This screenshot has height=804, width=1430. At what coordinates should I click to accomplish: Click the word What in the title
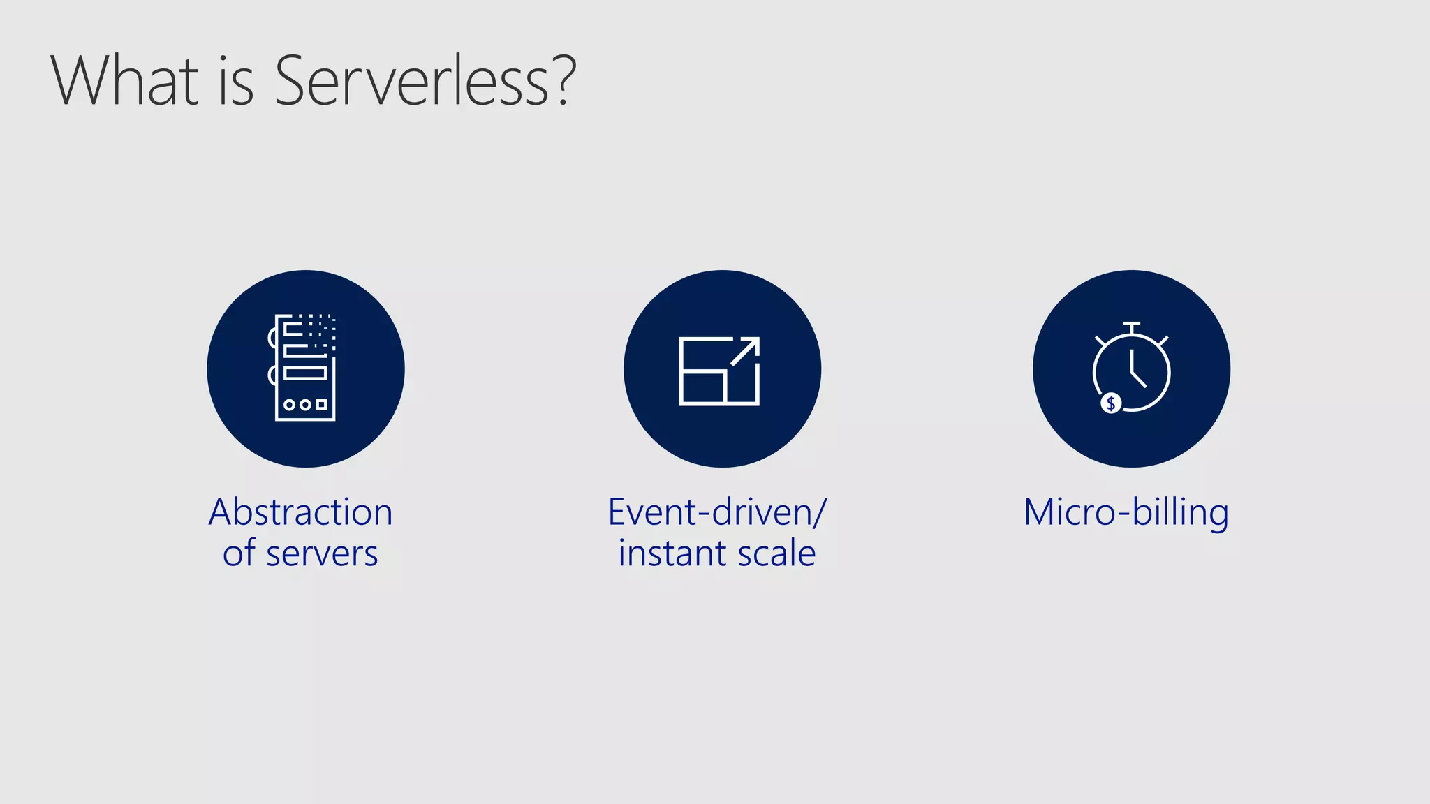[x=125, y=81]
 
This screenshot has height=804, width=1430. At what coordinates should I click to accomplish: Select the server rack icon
[x=304, y=368]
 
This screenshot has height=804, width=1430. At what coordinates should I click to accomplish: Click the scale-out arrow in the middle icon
[x=745, y=351]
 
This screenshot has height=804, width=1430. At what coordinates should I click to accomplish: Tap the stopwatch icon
[x=1131, y=368]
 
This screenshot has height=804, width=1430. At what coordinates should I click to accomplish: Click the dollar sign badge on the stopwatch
[x=1110, y=403]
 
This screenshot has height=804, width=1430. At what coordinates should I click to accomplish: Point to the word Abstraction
[x=301, y=512]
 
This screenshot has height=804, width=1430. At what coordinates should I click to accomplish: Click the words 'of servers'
[x=301, y=553]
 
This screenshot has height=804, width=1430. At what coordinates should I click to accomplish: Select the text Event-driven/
[x=717, y=512]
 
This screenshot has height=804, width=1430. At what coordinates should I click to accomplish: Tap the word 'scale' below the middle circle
[x=776, y=553]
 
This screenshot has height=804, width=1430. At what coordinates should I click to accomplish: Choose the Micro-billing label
[x=1126, y=512]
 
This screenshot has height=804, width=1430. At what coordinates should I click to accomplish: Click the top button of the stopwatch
[x=1132, y=325]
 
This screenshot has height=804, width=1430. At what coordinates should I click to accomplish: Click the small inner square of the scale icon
[x=702, y=387]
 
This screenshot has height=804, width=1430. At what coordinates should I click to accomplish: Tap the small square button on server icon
[x=321, y=405]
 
